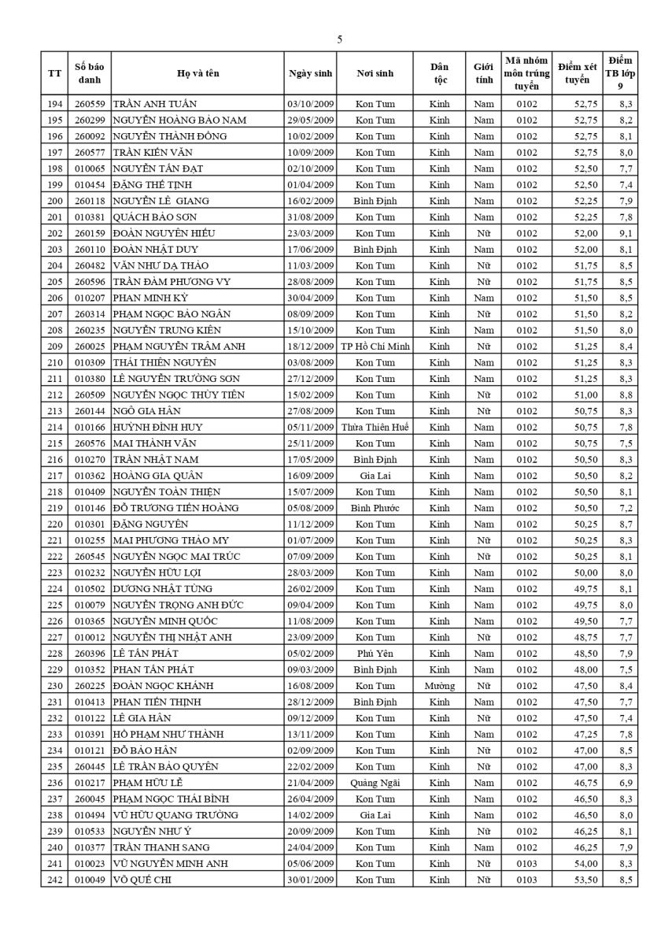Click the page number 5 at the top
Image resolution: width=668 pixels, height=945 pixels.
pyautogui.click(x=340, y=39)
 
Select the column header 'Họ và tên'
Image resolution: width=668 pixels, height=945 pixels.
pyautogui.click(x=197, y=73)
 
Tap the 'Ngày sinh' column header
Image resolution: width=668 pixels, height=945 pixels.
pyautogui.click(x=311, y=73)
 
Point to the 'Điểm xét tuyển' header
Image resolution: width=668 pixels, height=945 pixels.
pyautogui.click(x=578, y=73)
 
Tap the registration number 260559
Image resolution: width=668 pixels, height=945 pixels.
pyautogui.click(x=90, y=104)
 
